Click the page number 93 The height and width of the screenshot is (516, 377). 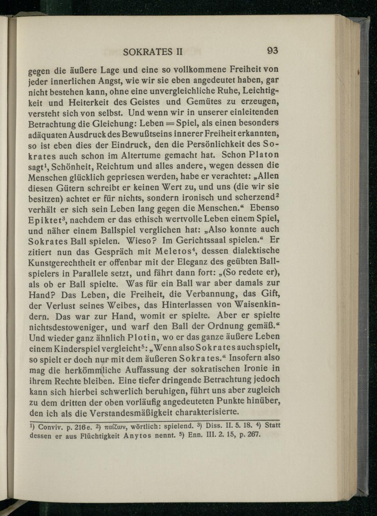pyautogui.click(x=272, y=50)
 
